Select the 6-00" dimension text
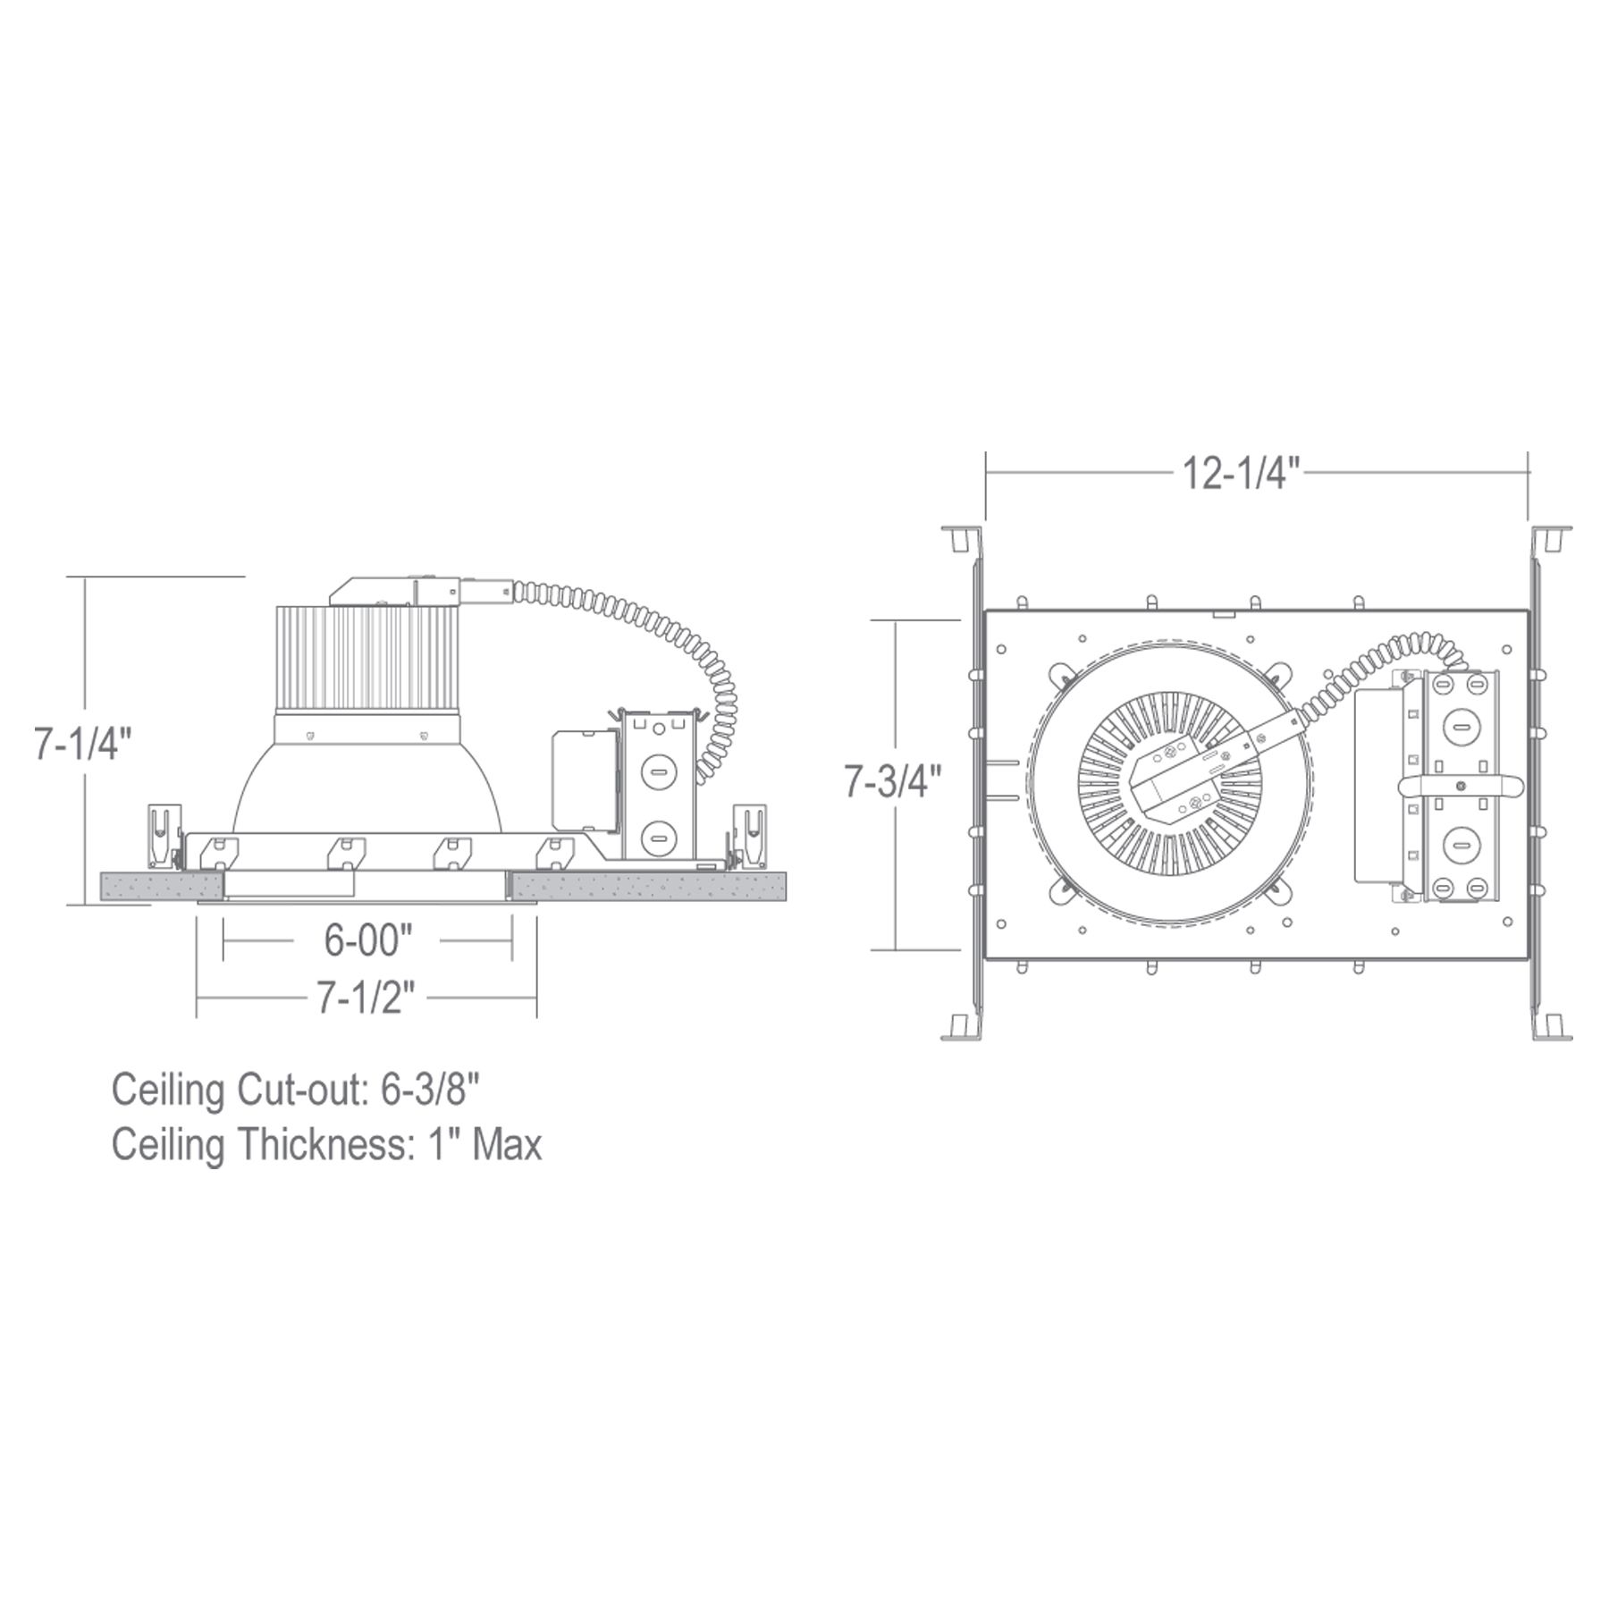(367, 939)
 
